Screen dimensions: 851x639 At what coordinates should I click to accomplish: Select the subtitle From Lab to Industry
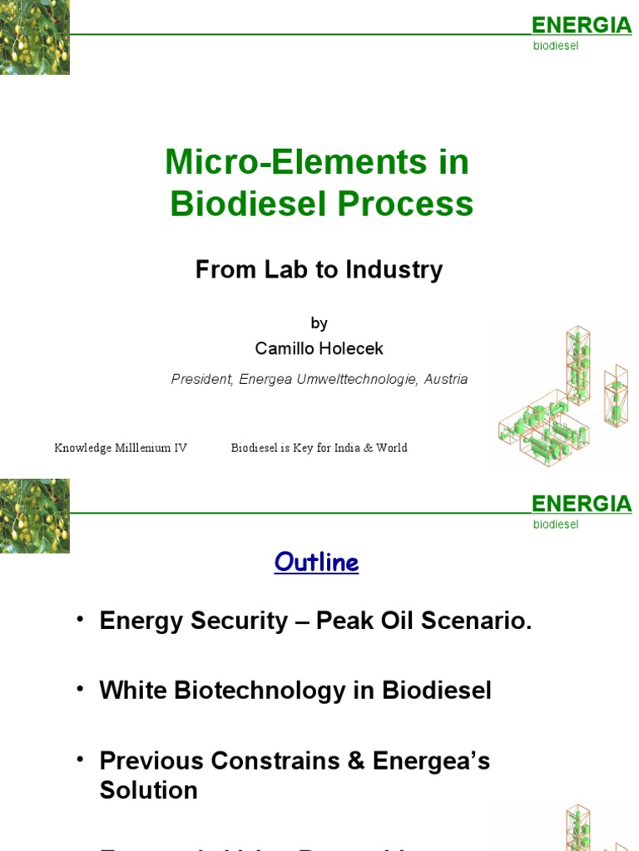319,269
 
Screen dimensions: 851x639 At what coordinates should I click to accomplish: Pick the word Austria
446,379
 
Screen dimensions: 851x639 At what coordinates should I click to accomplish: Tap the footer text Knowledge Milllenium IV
121,448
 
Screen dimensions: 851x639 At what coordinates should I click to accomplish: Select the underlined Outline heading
316,563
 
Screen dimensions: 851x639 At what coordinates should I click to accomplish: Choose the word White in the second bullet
134,691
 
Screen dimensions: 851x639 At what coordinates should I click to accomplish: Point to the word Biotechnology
274,691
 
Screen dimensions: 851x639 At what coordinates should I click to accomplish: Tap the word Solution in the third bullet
148,790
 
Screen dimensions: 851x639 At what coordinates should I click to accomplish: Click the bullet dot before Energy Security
80,620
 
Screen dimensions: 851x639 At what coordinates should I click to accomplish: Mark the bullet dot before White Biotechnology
80,690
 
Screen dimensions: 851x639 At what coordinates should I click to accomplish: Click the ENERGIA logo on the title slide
582,26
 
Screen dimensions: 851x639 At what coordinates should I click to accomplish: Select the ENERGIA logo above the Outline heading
582,504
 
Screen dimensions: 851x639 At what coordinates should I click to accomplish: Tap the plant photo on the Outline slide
35,515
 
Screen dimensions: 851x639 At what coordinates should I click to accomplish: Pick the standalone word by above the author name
319,323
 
